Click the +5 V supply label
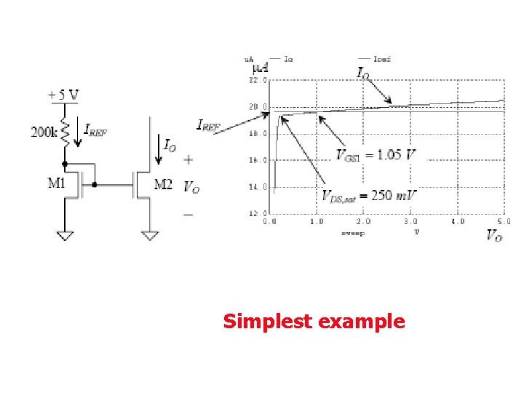(63, 95)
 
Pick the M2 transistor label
(164, 185)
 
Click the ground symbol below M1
(65, 235)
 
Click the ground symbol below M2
(150, 235)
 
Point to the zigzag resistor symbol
(65, 132)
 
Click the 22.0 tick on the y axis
(258, 80)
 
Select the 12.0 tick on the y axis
(258, 213)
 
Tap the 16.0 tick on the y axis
(258, 160)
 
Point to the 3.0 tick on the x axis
(410, 221)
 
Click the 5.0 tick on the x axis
(504, 221)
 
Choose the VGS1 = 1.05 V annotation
(376, 154)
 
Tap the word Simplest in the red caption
(269, 321)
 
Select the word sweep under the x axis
(353, 233)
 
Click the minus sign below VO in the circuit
(188, 215)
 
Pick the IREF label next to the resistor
(96, 130)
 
